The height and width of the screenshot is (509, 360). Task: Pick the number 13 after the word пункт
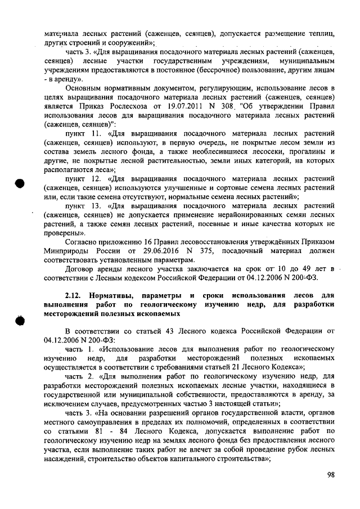pos(94,206)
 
